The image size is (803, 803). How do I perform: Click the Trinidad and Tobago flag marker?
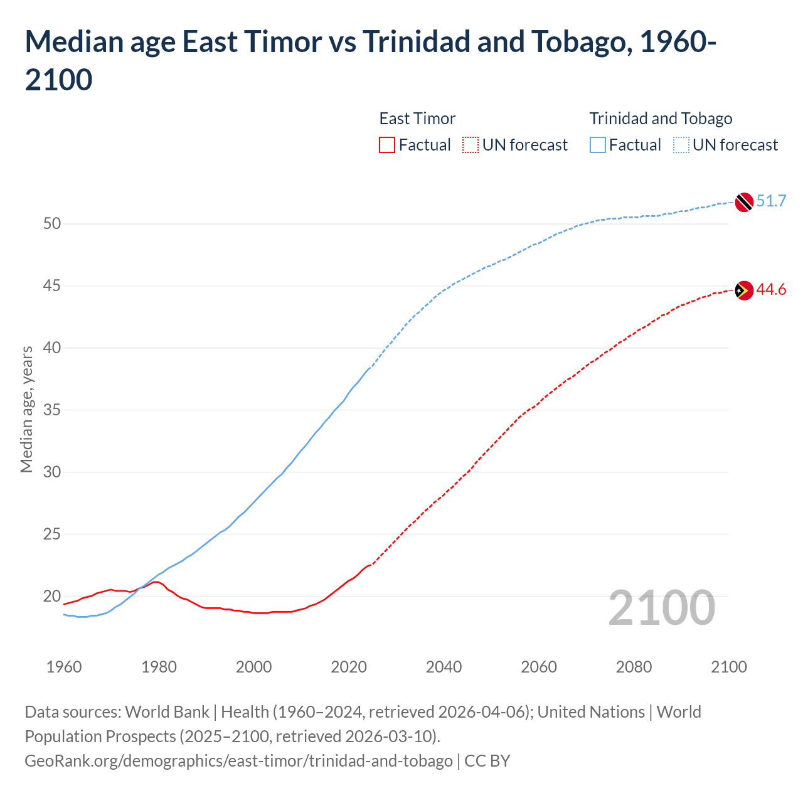pos(743,202)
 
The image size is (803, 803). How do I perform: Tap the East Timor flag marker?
pos(743,290)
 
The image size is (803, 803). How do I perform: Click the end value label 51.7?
pos(771,201)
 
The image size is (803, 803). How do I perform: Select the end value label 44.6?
pos(771,289)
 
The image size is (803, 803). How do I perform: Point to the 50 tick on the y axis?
pos(52,224)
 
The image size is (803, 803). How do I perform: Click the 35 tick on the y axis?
pos(52,410)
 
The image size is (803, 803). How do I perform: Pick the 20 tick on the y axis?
pos(52,596)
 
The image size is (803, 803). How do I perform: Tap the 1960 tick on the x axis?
pos(64,667)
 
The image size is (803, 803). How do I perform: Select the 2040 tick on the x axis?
pos(444,667)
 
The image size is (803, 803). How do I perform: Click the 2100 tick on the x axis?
pos(728,667)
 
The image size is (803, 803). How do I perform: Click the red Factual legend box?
pos(387,145)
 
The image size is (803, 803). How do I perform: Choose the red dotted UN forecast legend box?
pos(471,145)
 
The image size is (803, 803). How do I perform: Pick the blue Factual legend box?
pos(598,145)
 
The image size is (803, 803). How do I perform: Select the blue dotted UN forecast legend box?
pos(681,145)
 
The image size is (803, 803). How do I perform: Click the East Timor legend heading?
pos(417,119)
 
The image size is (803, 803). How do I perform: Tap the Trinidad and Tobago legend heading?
pos(661,119)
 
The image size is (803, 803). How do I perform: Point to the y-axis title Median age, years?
pos(26,409)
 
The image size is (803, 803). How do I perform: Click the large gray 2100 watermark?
pos(661,608)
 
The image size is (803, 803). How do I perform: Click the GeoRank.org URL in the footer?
pos(238,761)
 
